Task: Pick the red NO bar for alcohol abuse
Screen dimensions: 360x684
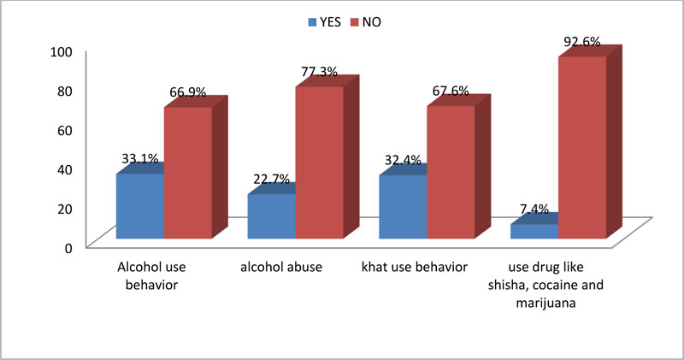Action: [x=319, y=162]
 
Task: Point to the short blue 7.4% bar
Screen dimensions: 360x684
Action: [x=534, y=231]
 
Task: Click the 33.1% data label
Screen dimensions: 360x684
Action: [x=139, y=158]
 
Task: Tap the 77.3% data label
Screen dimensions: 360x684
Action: [x=318, y=73]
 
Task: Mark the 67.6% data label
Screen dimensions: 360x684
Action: [x=451, y=91]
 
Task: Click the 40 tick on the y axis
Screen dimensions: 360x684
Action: [x=68, y=168]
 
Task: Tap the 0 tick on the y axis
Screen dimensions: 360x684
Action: [x=71, y=247]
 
